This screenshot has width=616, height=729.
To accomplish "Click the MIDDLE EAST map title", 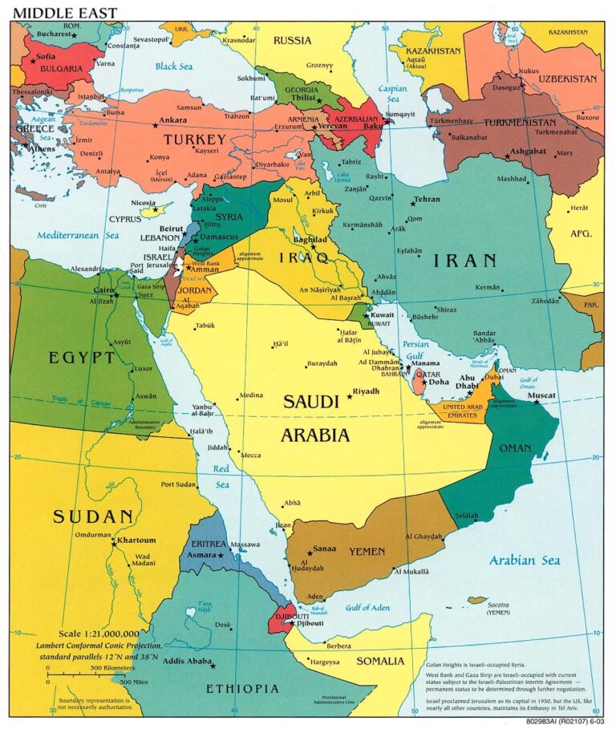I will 64,12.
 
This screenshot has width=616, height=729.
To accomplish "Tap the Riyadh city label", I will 366,391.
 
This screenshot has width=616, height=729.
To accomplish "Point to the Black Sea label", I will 177,67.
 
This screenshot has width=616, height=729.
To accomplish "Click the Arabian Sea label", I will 525,560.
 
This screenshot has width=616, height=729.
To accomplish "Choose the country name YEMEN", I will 367,552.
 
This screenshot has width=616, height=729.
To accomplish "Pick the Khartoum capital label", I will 136,541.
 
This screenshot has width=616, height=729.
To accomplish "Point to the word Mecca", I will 251,455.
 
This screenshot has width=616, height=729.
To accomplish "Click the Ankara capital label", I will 173,120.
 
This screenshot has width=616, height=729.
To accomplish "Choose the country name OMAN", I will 515,448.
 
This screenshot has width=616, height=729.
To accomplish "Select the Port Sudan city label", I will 179,484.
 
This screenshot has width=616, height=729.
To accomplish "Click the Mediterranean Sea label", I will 76,235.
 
